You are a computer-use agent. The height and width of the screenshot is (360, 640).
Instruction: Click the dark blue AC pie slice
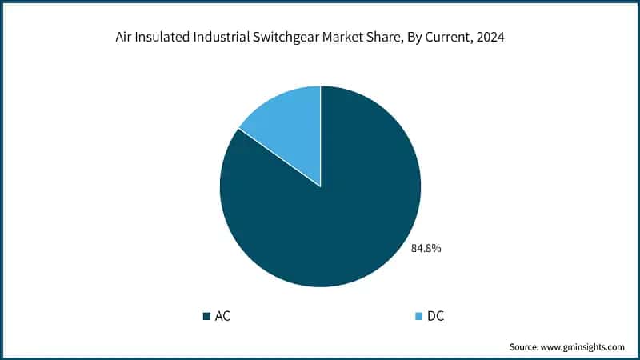coord(336,224)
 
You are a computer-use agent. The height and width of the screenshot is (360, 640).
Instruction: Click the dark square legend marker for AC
coord(207,316)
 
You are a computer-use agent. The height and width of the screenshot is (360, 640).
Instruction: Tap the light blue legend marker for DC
coord(418,316)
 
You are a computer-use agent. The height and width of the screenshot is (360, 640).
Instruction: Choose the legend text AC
coord(223,316)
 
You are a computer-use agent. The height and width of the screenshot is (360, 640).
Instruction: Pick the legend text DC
coord(435,316)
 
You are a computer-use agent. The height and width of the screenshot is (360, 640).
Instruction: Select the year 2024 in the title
coord(500,38)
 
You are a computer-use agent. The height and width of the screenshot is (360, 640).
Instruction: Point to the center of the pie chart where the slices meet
coord(321,187)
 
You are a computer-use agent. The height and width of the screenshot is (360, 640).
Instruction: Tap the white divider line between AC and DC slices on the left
coord(279,157)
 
